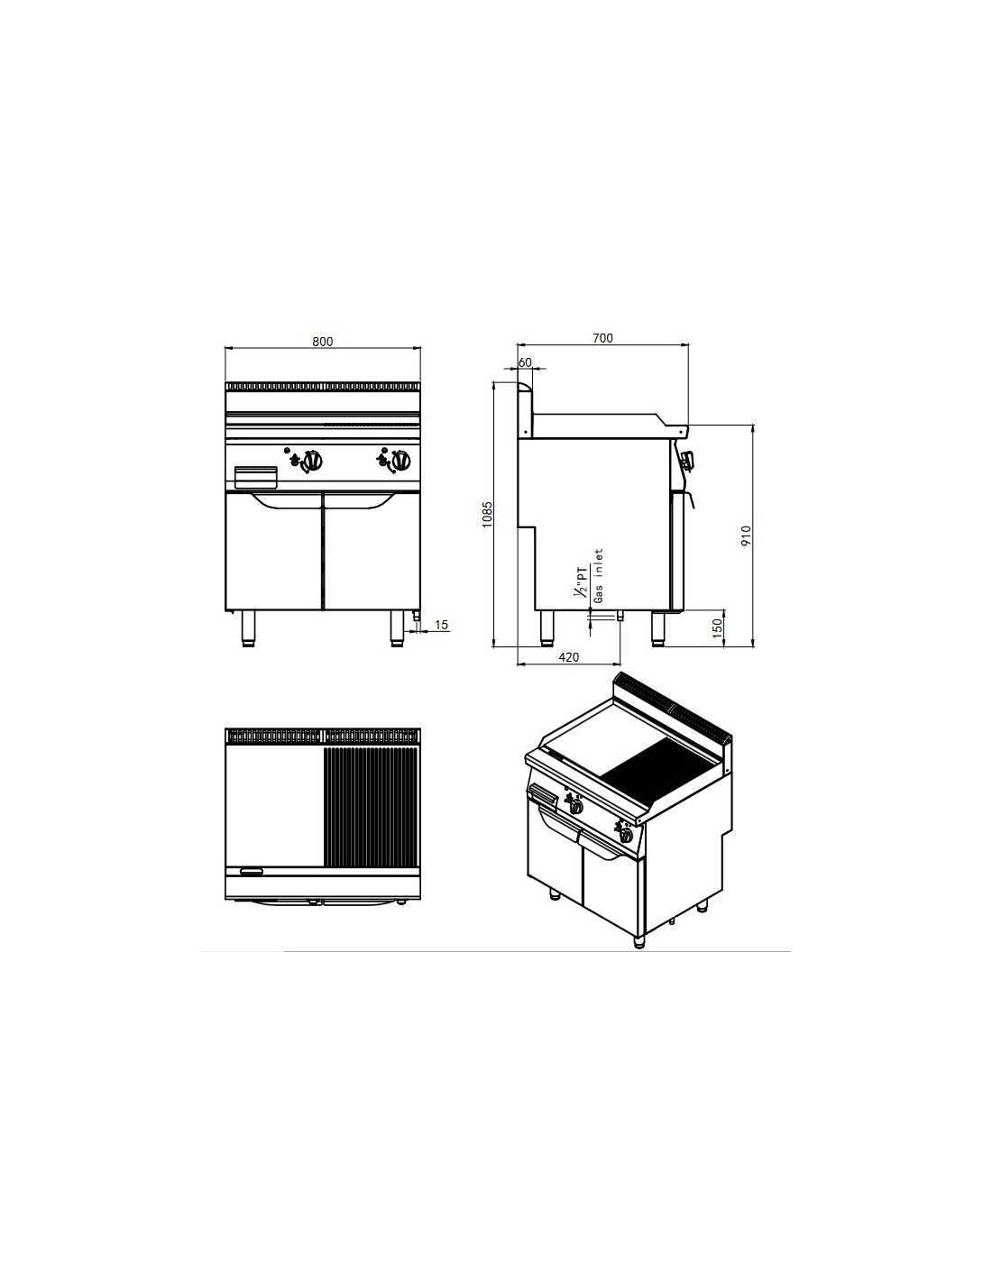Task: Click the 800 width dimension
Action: coord(323,342)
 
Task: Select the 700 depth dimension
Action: coord(602,338)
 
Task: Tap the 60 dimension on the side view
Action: coord(525,362)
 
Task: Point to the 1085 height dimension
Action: coord(488,515)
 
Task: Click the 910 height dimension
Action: coord(746,536)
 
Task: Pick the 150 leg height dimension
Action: coord(718,627)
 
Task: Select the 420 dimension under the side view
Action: coord(569,656)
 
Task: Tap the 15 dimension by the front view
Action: coord(441,624)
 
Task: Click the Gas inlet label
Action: coord(599,576)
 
